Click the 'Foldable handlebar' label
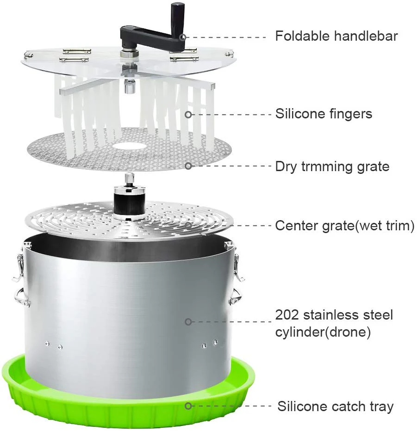[x=336, y=36]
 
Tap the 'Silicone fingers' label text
[x=324, y=114]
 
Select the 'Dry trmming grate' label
[x=332, y=166]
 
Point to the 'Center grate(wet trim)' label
[x=345, y=226]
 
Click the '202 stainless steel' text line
[x=334, y=315]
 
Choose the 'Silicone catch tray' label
[x=335, y=406]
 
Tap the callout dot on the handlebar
[x=183, y=37]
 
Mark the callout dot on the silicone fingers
[x=188, y=115]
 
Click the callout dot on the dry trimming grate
[x=188, y=166]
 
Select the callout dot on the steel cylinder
[x=188, y=321]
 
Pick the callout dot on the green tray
[x=188, y=406]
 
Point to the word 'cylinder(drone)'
[x=323, y=332]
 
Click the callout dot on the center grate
[x=188, y=225]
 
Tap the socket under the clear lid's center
[x=129, y=86]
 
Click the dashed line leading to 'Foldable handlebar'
[x=225, y=37]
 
